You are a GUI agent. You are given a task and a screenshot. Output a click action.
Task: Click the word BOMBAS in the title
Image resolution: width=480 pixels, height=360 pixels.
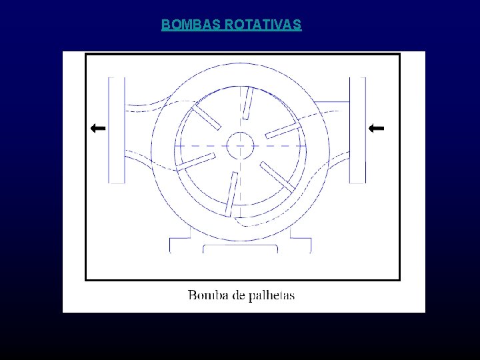pyautogui.click(x=192, y=25)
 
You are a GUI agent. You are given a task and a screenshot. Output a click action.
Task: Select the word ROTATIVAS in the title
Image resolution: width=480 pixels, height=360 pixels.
pyautogui.click(x=263, y=25)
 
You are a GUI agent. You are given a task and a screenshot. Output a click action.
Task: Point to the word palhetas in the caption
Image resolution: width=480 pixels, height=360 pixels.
pyautogui.click(x=271, y=295)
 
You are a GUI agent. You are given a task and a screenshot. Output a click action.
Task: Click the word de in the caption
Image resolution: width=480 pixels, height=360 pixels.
pyautogui.click(x=239, y=295)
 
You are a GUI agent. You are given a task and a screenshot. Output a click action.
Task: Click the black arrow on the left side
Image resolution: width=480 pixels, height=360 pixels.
pyautogui.click(x=98, y=127)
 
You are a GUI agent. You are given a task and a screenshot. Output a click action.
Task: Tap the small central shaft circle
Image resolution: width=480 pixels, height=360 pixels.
pyautogui.click(x=239, y=145)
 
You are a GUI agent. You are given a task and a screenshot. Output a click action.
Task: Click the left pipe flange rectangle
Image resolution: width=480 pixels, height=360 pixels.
pyautogui.click(x=117, y=130)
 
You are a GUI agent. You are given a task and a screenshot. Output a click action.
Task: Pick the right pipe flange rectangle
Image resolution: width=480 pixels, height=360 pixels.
pyautogui.click(x=357, y=130)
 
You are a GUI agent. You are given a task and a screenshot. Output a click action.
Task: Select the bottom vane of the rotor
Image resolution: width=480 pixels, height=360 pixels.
pyautogui.click(x=231, y=193)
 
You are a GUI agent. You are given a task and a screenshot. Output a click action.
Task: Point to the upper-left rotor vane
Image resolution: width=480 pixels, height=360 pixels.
pyautogui.click(x=207, y=117)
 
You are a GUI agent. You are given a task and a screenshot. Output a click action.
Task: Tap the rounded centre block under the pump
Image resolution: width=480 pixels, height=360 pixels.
pyautogui.click(x=240, y=249)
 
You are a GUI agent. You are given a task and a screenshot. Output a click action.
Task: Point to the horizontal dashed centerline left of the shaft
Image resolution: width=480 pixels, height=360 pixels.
pyautogui.click(x=200, y=145)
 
